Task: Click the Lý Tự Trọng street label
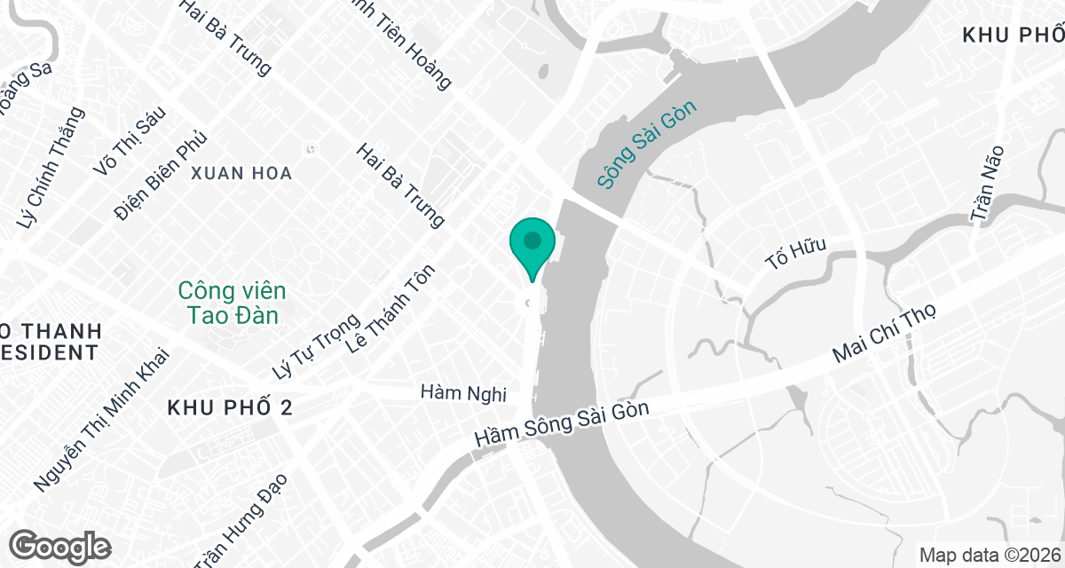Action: pos(315,347)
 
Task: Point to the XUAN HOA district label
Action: pos(241,173)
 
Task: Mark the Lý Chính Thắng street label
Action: pos(52,168)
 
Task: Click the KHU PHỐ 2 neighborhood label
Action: pos(230,407)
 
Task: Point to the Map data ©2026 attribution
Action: pos(988,555)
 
